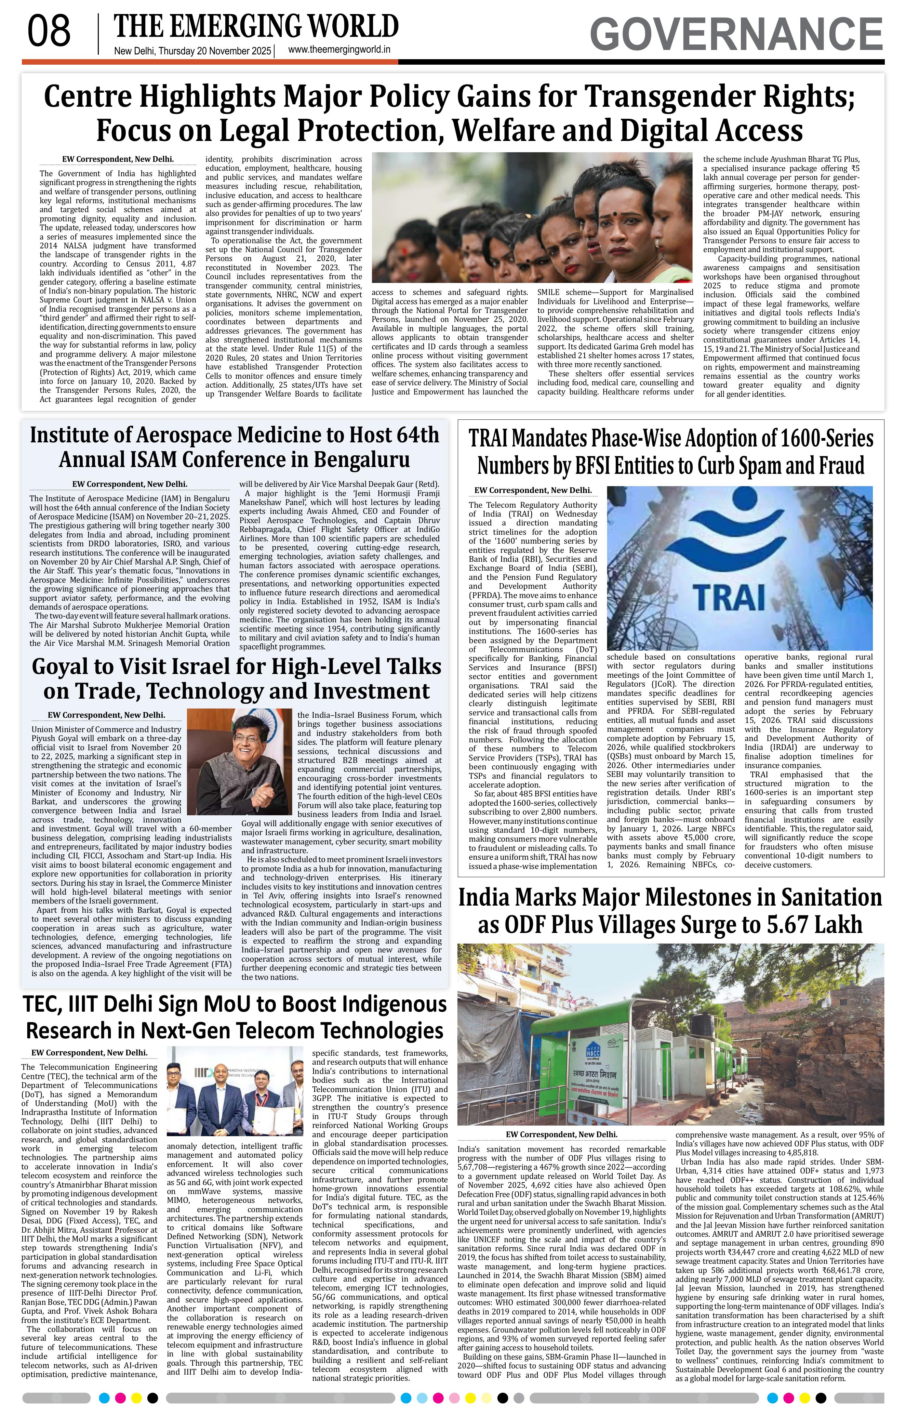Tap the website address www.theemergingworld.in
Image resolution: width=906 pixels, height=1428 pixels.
pyautogui.click(x=339, y=50)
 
